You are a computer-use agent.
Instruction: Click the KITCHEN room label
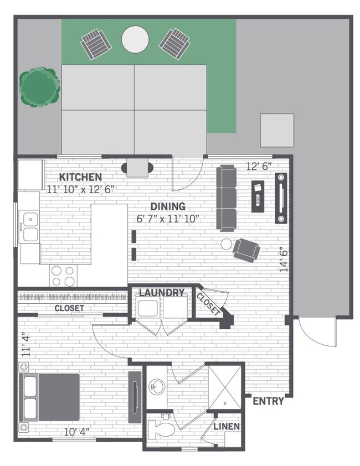pos(80,177)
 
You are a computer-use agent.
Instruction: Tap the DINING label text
pos(168,207)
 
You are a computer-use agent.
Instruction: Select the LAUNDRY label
pos(161,293)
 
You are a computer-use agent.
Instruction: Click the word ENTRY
pos(268,401)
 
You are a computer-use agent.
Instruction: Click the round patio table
pos(136,39)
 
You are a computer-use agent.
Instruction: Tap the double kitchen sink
pos(29,227)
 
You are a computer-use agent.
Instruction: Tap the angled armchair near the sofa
pos(245,248)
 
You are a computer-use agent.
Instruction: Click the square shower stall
pos(225,384)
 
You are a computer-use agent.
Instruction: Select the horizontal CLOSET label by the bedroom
pos(69,308)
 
